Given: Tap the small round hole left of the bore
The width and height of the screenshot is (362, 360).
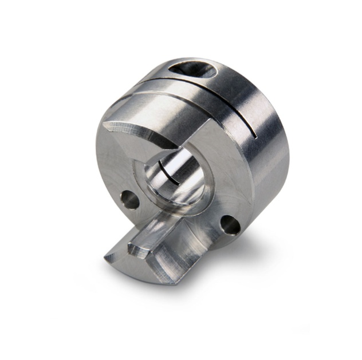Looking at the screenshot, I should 129,199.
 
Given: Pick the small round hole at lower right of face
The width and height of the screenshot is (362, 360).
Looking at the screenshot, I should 231,224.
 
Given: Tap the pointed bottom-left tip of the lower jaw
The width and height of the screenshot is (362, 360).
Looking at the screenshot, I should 107,259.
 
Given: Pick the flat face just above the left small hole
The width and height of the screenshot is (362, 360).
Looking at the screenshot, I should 123,172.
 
